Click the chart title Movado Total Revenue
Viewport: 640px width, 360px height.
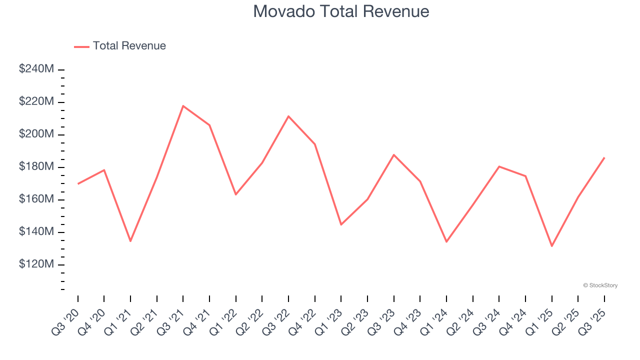(341, 11)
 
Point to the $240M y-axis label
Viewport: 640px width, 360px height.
(36, 69)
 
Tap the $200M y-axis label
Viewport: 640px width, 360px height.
(36, 134)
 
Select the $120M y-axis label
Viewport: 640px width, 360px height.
(36, 264)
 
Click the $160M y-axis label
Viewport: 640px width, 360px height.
(36, 199)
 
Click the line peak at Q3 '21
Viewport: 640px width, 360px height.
(183, 106)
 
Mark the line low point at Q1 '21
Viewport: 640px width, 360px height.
(130, 241)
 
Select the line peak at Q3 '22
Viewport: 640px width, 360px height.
(288, 116)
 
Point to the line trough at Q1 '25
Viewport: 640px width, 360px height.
(552, 246)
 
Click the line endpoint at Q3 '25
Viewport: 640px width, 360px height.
(604, 157)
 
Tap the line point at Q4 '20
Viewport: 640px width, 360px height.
(104, 170)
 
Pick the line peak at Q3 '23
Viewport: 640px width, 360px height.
(394, 154)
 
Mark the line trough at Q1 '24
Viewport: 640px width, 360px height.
(446, 241)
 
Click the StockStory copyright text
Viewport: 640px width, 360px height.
(600, 285)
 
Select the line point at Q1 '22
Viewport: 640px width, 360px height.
(235, 194)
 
